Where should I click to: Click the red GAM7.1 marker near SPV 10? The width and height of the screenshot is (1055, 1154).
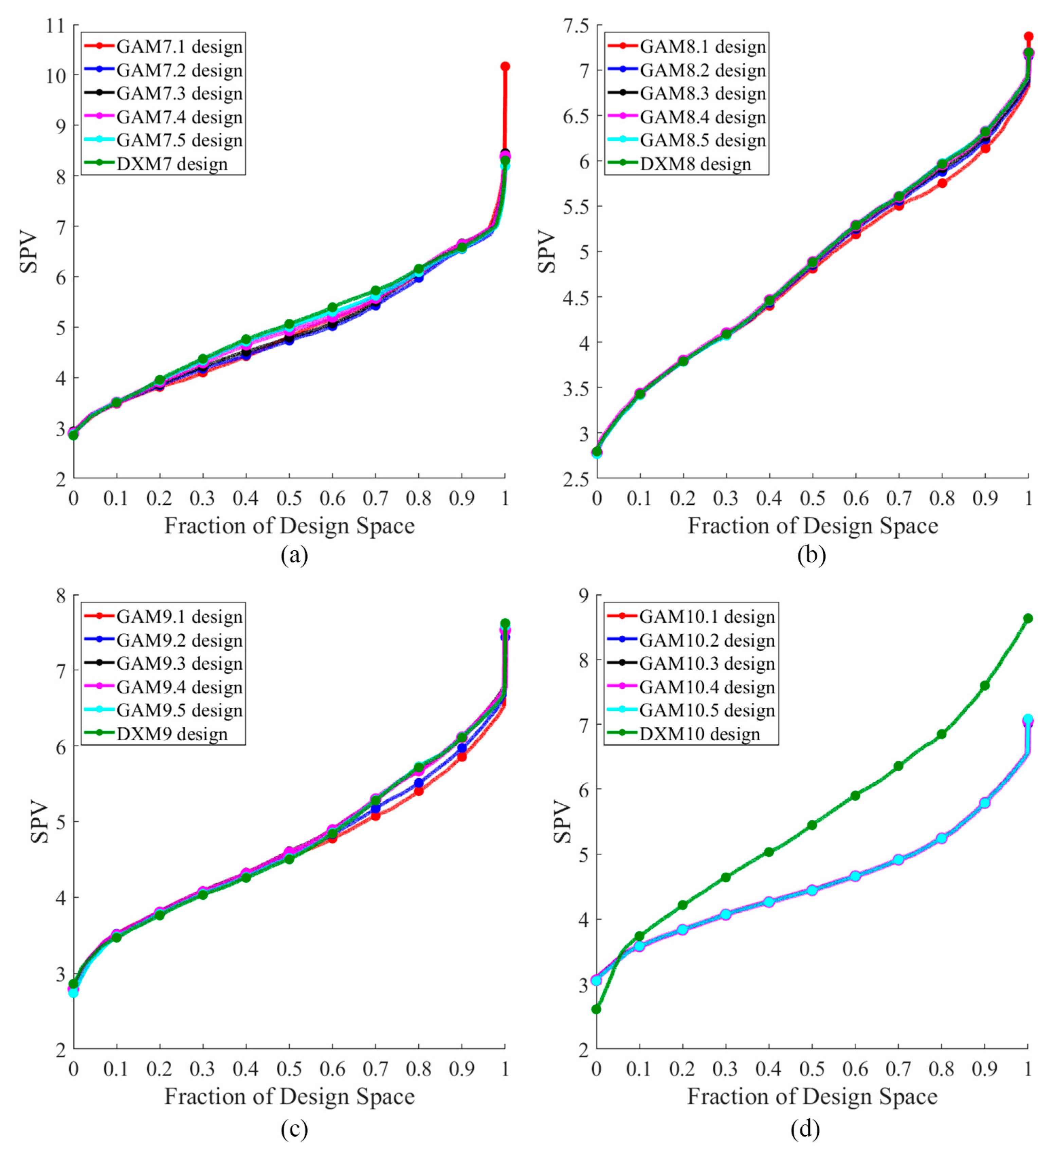(505, 67)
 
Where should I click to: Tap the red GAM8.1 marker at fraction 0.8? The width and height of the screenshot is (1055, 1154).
(942, 183)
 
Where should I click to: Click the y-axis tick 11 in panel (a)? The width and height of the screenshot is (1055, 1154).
(56, 25)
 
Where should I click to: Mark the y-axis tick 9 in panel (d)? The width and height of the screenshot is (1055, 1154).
(582, 595)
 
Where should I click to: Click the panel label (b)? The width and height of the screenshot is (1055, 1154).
(811, 555)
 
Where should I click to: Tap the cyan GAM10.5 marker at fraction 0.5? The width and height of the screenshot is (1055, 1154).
(812, 890)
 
